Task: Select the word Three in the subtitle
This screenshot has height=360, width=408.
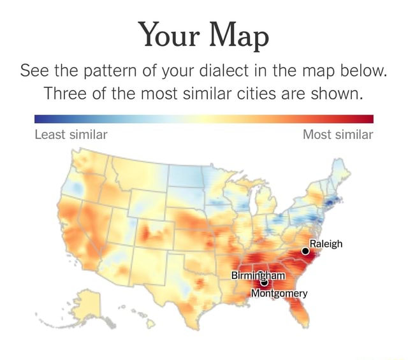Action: point(68,94)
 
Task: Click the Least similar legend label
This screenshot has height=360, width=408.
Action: point(71,134)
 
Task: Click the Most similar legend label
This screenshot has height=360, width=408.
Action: point(338,134)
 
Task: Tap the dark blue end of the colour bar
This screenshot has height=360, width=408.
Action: point(40,119)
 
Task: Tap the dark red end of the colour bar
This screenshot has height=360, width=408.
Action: point(368,119)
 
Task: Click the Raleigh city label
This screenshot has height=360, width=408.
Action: point(326,243)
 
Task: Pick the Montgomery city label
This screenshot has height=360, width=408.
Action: point(279,293)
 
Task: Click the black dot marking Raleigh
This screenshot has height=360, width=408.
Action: point(305,251)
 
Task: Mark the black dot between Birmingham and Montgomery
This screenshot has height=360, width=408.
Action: point(264,284)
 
